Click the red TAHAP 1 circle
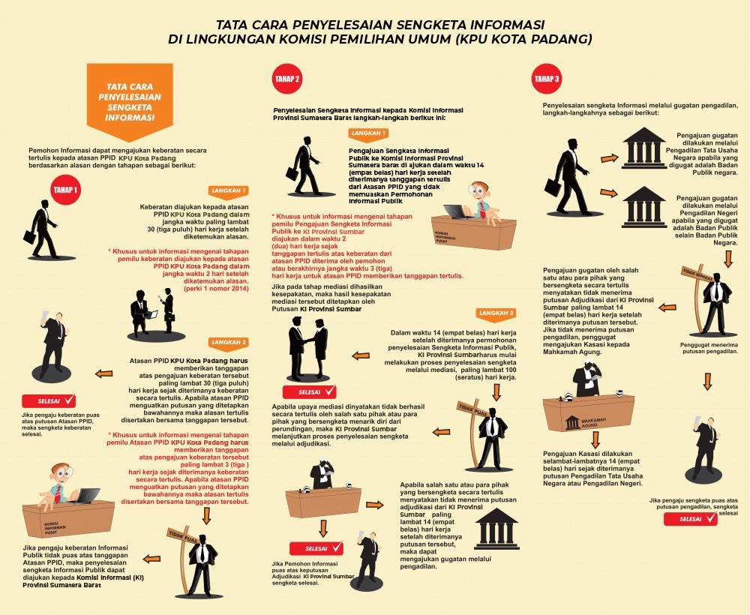point(65,190)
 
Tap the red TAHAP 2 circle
point(287,79)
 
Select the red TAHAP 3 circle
point(547,79)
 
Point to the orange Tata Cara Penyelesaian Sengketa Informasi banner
point(130,101)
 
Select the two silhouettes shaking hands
point(308,348)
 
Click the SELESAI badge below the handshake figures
point(310,392)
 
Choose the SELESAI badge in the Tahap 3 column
point(691,519)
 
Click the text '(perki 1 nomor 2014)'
point(216,289)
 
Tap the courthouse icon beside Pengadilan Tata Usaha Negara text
point(643,148)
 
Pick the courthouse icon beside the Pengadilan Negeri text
point(643,206)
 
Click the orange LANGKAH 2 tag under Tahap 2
point(496,313)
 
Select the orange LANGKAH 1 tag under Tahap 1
point(229,190)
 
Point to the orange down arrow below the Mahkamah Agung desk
point(595,439)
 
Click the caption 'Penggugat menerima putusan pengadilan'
point(709,348)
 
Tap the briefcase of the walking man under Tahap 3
point(553,187)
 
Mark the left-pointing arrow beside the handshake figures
point(361,355)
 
